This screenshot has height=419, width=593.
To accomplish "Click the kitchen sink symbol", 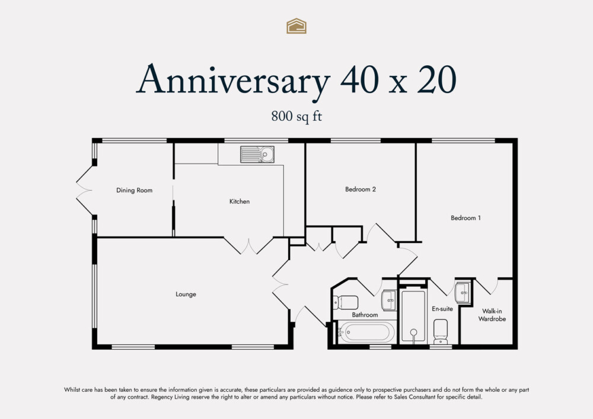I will [x=257, y=155].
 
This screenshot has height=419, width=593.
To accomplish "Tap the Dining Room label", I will [x=134, y=190].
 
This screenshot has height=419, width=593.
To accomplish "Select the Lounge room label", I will [x=186, y=294].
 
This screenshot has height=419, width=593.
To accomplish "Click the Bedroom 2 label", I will [x=361, y=190].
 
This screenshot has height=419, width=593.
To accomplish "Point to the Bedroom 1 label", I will [x=466, y=218].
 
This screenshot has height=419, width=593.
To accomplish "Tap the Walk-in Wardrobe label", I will [x=493, y=315].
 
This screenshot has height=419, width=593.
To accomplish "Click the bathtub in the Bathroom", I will [x=364, y=332].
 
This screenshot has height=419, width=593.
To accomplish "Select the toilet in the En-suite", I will [x=441, y=331].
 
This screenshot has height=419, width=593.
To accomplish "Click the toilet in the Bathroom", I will [x=345, y=302].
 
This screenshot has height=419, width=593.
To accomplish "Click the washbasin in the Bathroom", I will [x=389, y=299].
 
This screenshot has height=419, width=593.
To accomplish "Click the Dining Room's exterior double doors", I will [x=85, y=190].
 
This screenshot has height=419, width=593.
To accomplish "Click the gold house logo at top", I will [x=296, y=25].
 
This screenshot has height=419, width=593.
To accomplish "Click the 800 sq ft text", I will [x=296, y=117].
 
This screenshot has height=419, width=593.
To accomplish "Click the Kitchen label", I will [x=240, y=201].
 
